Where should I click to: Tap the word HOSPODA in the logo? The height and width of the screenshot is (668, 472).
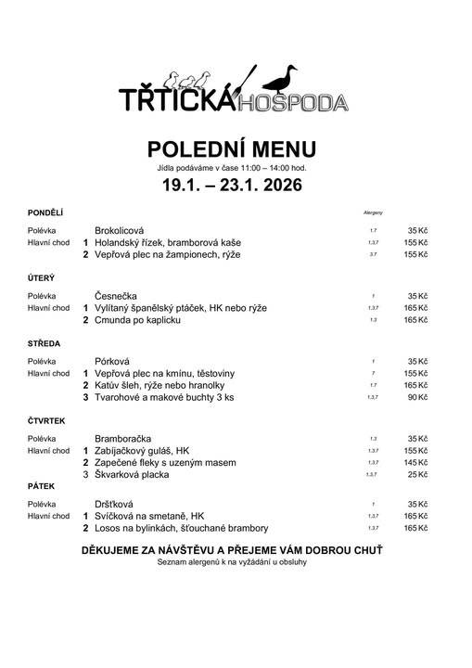pyautogui.click(x=294, y=101)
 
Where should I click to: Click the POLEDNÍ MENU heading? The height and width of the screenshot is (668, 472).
pyautogui.click(x=232, y=149)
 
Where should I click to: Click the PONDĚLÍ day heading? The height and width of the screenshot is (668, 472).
pyautogui.click(x=45, y=212)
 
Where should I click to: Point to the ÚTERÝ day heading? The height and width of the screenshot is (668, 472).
pyautogui.click(x=42, y=277)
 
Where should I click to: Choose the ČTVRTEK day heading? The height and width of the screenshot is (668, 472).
pyautogui.click(x=47, y=420)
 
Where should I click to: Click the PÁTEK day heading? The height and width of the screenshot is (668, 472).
pyautogui.click(x=42, y=484)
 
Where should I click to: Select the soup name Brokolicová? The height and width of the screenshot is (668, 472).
pyautogui.click(x=126, y=229)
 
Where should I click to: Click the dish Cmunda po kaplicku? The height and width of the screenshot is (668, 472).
pyautogui.click(x=137, y=320)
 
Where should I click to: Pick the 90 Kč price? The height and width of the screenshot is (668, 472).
pyautogui.click(x=416, y=398)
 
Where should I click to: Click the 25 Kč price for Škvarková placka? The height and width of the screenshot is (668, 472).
pyautogui.click(x=416, y=475)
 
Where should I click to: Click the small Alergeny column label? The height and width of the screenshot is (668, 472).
pyautogui.click(x=373, y=213)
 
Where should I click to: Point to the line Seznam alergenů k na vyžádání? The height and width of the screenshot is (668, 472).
pyautogui.click(x=232, y=562)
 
